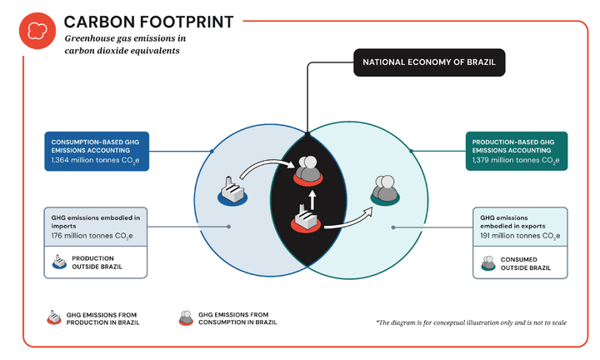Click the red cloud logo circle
click(37, 31)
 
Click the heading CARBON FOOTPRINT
click(149, 21)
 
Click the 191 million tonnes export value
click(519, 237)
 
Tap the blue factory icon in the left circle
click(230, 191)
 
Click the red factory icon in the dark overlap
click(303, 220)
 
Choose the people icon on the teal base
click(384, 190)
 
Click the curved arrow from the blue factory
click(262, 167)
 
